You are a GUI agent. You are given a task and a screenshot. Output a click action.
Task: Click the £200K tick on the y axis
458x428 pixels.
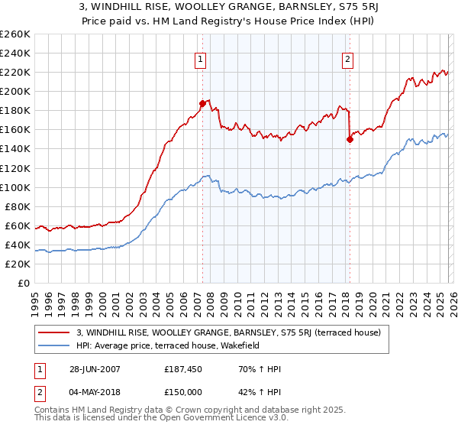[x=15, y=91]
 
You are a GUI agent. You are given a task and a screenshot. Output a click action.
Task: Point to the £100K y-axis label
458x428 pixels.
[x=15, y=187]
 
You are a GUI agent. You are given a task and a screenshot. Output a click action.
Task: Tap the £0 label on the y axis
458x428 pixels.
[x=23, y=283]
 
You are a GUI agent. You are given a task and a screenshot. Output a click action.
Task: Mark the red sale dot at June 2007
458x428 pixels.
[x=203, y=103]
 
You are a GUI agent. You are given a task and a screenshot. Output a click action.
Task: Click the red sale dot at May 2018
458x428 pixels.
[x=350, y=139]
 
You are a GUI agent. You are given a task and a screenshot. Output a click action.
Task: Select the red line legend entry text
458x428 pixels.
[x=234, y=332]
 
